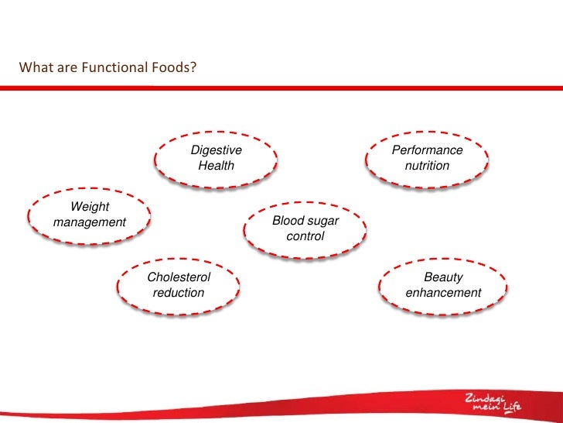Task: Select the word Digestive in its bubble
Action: click(217, 150)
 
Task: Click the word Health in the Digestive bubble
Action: click(217, 165)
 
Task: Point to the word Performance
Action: click(427, 150)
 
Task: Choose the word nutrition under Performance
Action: click(427, 165)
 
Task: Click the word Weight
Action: click(90, 207)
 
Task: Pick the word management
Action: click(90, 222)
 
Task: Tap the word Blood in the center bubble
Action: click(288, 221)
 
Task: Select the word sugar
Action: click(323, 221)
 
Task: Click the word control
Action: click(305, 236)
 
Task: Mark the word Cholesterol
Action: click(179, 277)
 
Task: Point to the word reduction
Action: click(179, 292)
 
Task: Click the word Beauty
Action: click(444, 277)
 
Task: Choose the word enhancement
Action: click(444, 292)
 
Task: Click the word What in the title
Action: click(35, 68)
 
